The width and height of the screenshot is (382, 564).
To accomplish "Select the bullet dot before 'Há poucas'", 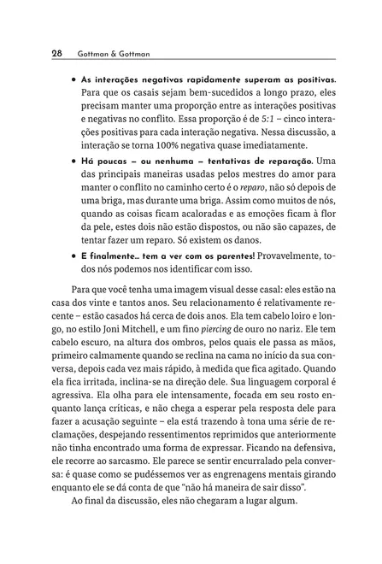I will tap(75, 162).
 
